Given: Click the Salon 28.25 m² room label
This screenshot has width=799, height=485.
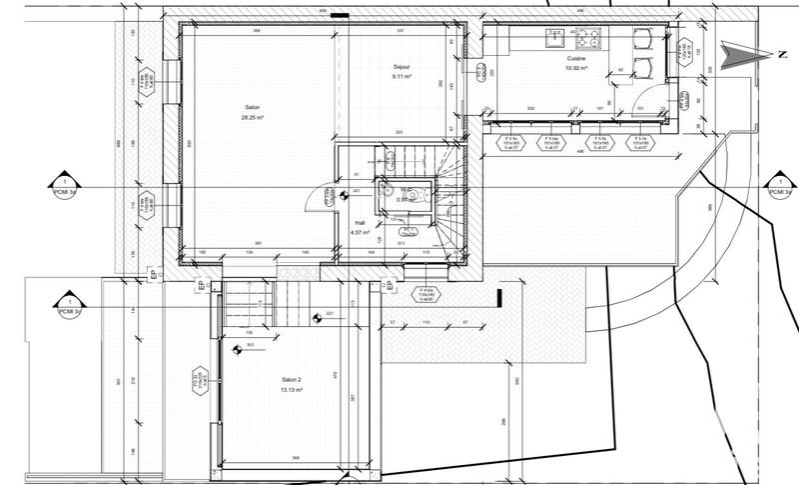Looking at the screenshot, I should point(252,112).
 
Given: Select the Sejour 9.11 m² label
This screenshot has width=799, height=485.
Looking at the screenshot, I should point(402,72).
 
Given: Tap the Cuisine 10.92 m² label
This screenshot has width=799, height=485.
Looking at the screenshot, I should point(575,63).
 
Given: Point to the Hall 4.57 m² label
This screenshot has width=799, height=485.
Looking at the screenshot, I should point(361,227).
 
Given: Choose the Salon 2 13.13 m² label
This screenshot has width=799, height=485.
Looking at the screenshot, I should point(292,386).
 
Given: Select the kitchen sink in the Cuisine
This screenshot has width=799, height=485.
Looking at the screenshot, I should point(552,37).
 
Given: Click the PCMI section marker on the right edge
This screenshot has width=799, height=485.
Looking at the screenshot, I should point(775,187).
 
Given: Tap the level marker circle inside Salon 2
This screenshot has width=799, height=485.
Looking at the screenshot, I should point(238,350).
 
